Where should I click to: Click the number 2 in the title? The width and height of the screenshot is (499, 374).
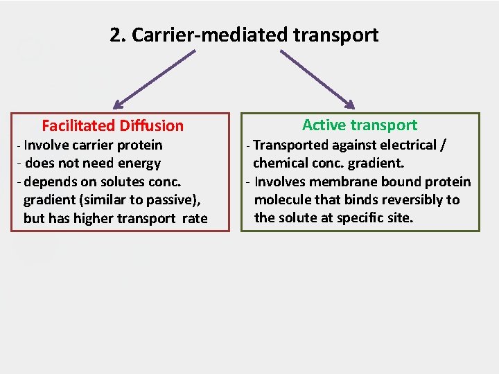114,35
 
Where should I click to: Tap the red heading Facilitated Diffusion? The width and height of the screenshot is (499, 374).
112,125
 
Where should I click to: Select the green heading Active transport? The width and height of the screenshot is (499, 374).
360,125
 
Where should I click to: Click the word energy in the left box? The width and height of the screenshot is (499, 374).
141,163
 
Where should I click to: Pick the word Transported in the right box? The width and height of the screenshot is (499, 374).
290,145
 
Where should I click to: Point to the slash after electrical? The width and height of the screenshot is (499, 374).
444,145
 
